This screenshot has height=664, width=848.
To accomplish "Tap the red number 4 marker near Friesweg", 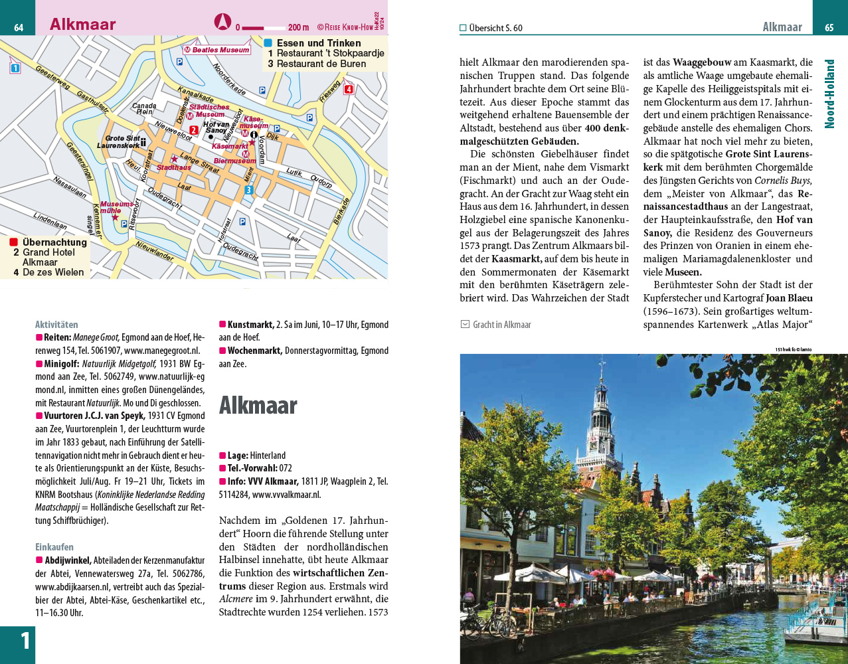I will pos(349,90).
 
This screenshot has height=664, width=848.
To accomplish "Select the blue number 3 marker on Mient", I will pos(248,191).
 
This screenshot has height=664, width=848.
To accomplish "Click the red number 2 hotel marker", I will pos(194,130).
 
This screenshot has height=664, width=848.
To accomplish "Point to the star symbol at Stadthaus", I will pos(174,159).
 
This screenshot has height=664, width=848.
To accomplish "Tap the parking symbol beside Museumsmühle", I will pos(124,224).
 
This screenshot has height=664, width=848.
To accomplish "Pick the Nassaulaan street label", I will pos(69,187).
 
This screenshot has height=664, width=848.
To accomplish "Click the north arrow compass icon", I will pos(222,22).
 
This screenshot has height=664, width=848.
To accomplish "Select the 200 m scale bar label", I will pos(298,28).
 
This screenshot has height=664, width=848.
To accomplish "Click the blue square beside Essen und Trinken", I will pos(268,43).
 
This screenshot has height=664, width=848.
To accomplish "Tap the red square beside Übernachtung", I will pos(14,242).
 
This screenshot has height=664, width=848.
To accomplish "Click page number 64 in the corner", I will pos(19,27).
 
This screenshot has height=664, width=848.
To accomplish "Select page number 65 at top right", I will pos(829,27).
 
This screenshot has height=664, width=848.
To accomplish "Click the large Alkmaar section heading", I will pos(258,405).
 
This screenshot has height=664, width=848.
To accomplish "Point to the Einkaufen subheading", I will pos(54,547).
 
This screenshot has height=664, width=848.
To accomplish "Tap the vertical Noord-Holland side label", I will pos(829,94).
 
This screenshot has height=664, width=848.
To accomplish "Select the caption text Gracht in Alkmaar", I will pos(501,325).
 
